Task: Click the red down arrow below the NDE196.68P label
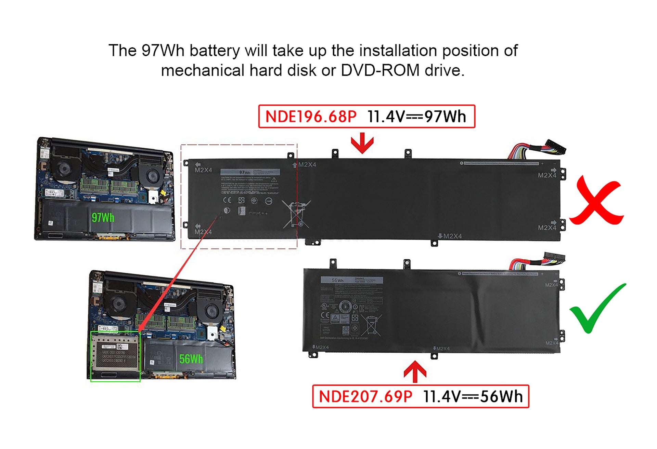pos(362,143)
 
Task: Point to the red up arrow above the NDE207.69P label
pos(415,371)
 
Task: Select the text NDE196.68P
pos(311,117)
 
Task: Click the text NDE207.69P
pos(365,397)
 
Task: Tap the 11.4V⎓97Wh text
pos(416,117)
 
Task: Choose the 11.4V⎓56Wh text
pos(473,397)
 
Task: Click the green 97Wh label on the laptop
pos(103,217)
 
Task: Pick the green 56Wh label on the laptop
pos(191,359)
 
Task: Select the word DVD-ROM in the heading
pos(380,71)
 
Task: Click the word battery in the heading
pos(215,51)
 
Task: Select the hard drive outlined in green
pos(115,355)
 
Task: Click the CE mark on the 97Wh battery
pos(227,200)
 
